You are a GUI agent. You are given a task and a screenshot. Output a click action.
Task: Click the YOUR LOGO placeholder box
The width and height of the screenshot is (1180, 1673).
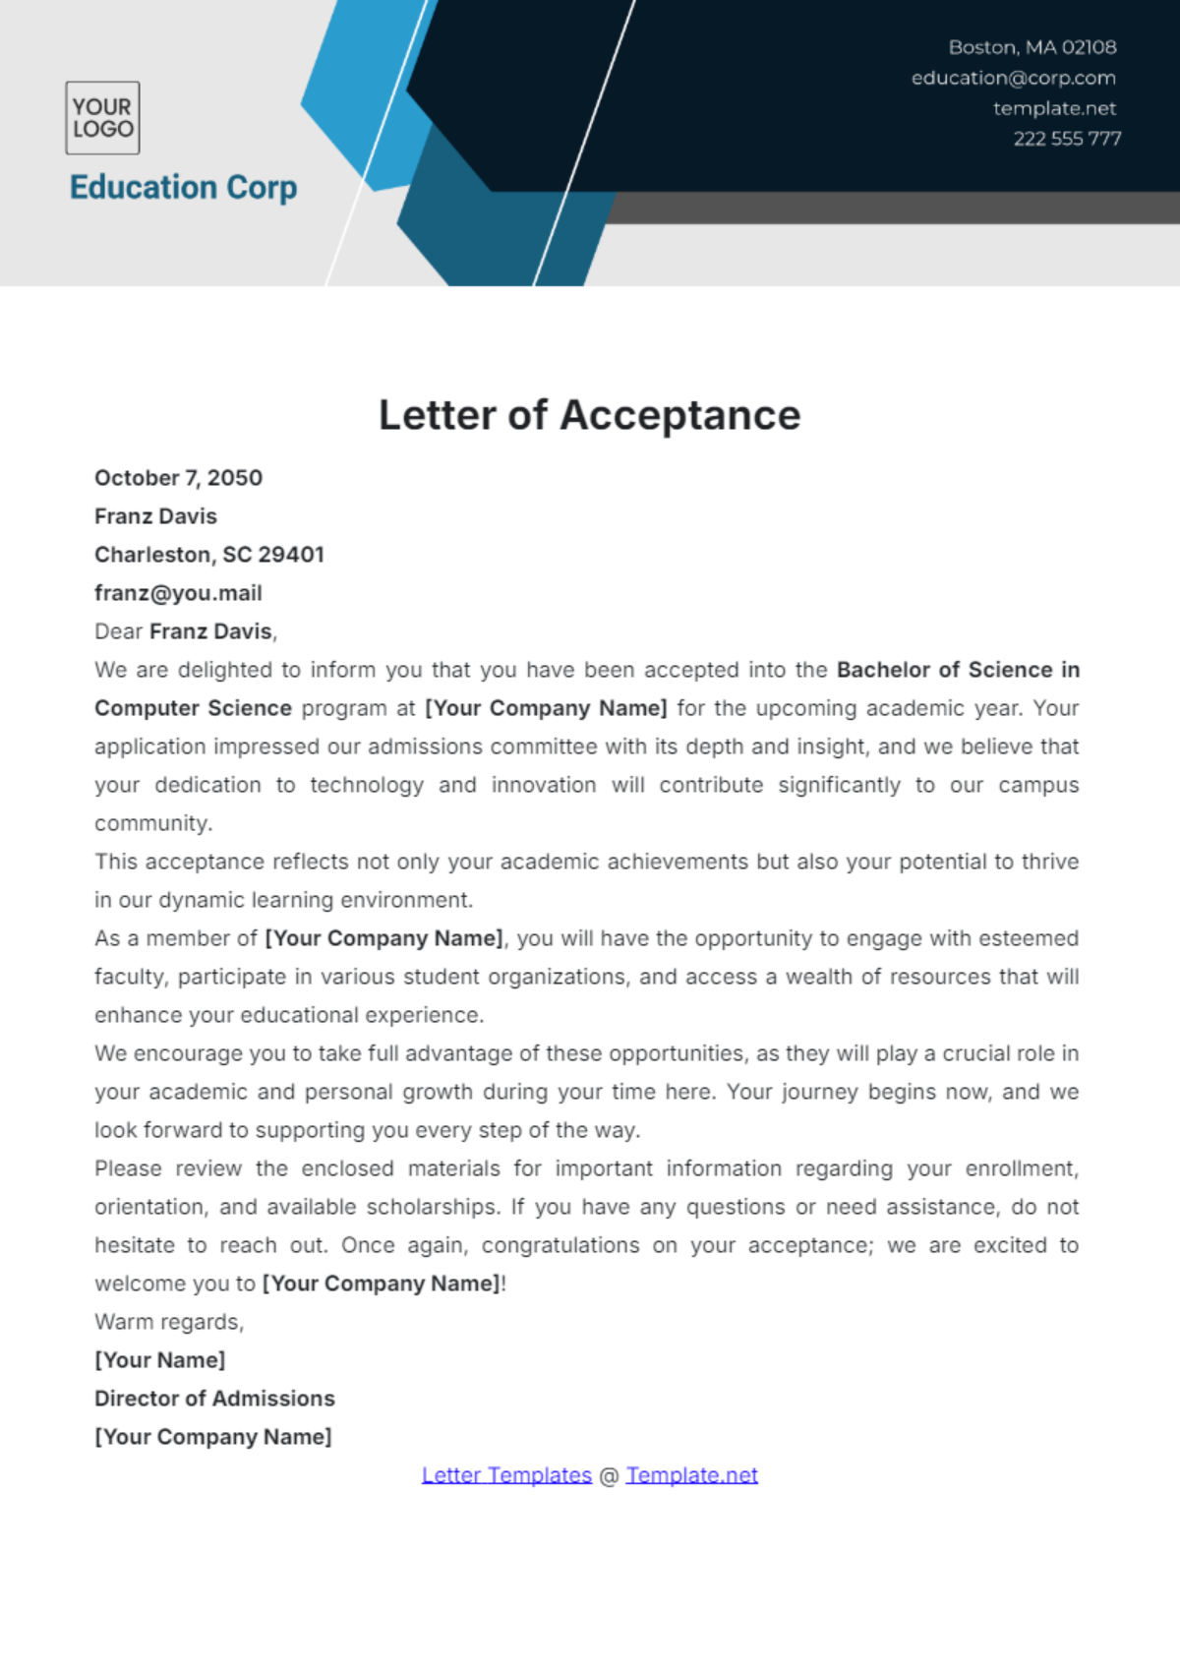(102, 118)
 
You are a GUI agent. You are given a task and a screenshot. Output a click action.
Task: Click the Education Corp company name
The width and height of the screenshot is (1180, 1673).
(183, 187)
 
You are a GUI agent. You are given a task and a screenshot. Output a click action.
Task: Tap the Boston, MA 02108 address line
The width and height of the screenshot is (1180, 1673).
(1032, 47)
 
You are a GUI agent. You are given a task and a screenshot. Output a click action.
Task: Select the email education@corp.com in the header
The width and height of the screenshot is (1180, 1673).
(1013, 78)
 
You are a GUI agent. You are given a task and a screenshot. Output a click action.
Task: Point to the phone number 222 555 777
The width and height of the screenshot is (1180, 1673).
(1067, 139)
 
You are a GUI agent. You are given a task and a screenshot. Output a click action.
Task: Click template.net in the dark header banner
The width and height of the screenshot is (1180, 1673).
(1054, 108)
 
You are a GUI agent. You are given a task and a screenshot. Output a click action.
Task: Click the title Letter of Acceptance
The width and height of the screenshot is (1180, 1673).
(589, 415)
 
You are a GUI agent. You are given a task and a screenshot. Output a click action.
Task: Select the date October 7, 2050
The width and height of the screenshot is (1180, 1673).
(178, 478)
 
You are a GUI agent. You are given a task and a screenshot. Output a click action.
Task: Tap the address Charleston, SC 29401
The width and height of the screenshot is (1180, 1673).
(208, 555)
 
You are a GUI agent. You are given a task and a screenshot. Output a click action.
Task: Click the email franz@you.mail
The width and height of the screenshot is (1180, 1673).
(178, 593)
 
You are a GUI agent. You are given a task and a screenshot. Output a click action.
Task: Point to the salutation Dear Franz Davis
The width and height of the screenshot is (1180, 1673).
(185, 631)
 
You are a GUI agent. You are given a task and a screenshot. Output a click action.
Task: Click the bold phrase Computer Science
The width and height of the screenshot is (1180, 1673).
(193, 708)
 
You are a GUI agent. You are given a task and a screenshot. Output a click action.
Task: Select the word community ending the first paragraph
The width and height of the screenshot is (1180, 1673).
(152, 823)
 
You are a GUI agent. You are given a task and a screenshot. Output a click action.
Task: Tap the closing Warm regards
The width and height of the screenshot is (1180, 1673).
(168, 1322)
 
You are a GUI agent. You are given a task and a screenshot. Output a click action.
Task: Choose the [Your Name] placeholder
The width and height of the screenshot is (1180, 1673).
(159, 1360)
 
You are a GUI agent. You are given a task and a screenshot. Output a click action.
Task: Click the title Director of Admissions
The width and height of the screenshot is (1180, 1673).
(214, 1399)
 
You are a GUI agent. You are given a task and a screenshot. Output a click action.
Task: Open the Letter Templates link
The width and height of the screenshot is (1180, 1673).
(506, 1475)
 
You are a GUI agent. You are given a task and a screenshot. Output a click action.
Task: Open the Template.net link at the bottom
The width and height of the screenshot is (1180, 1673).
(691, 1475)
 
